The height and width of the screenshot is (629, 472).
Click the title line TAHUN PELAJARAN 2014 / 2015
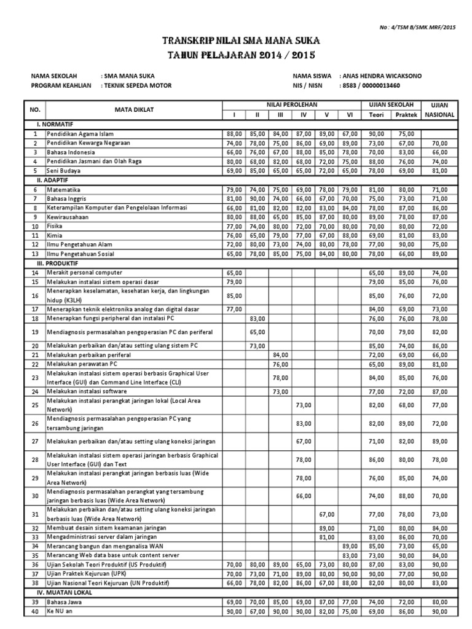click(x=241, y=55)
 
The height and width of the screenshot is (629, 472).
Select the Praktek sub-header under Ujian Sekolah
click(x=406, y=114)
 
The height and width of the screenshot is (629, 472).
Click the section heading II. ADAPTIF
click(x=49, y=181)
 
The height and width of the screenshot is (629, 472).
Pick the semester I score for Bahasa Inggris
click(x=234, y=199)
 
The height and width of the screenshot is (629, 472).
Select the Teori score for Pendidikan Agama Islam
click(x=376, y=133)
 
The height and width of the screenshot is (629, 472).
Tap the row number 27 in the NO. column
click(x=35, y=441)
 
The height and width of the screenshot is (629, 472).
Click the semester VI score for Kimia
click(x=349, y=235)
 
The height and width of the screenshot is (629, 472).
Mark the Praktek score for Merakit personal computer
click(x=406, y=272)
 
